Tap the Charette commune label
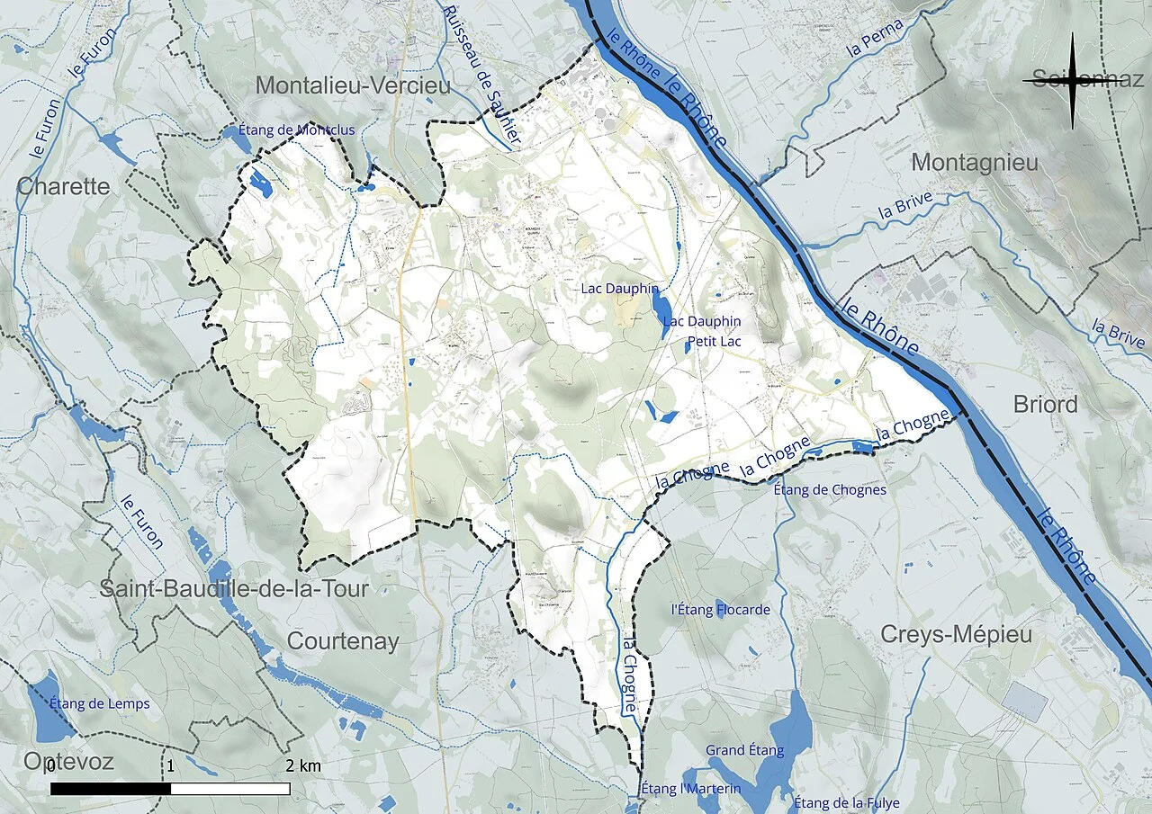(x=64, y=187)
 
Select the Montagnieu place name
(x=974, y=163)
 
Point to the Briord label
(x=1045, y=405)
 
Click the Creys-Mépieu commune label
(x=955, y=634)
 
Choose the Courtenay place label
(x=343, y=640)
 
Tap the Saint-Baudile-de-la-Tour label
(x=234, y=590)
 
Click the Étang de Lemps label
(x=100, y=703)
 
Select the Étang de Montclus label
(x=297, y=130)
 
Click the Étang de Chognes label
(x=830, y=490)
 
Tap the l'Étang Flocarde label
(x=721, y=610)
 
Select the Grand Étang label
(x=744, y=750)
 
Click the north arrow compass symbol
(x=1072, y=81)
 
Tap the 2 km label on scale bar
(x=303, y=766)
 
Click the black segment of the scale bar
(x=110, y=789)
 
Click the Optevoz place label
(x=68, y=763)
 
